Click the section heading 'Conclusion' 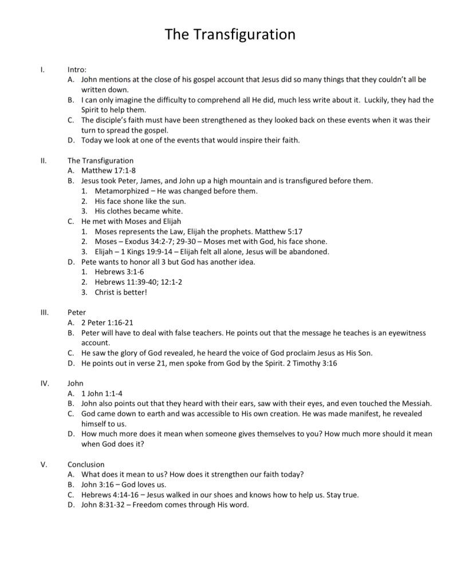[x=86, y=464]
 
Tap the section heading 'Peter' [x=77, y=312]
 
